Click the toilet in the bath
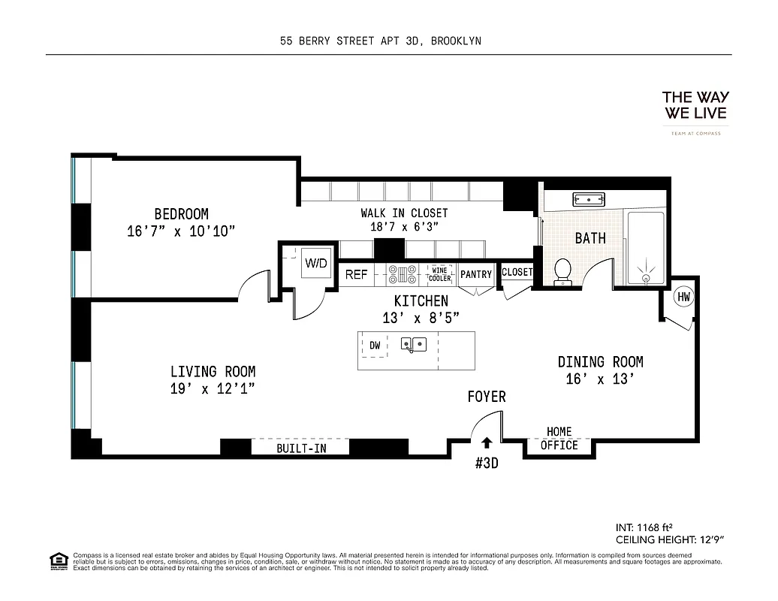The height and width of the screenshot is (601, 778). click(562, 271)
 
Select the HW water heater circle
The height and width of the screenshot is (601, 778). click(683, 297)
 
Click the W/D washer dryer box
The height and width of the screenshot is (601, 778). click(315, 264)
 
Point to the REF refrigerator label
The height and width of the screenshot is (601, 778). click(356, 275)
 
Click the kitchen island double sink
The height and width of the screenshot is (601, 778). click(414, 345)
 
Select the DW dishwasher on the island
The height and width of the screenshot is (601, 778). click(375, 346)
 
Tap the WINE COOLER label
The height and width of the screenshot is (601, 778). click(440, 274)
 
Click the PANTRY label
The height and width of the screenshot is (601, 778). click(475, 274)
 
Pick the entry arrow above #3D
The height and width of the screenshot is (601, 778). click(487, 443)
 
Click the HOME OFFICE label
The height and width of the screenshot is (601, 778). click(559, 439)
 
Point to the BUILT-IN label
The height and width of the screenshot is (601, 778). click(301, 448)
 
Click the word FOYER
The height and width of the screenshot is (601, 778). click(487, 397)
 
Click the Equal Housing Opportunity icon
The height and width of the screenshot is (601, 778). click(58, 560)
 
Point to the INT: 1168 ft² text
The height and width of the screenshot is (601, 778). click(649, 527)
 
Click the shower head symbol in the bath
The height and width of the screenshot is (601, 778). click(646, 272)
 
